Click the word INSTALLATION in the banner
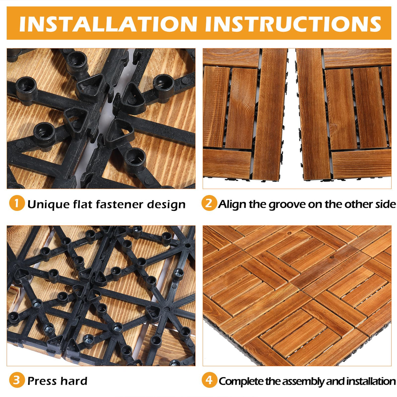point(108,24)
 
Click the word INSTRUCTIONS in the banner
point(293,24)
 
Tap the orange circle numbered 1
point(17,203)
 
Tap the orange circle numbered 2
point(209,203)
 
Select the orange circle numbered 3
point(17,380)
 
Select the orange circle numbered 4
point(209,380)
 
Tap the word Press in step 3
point(42,381)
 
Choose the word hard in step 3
point(74,381)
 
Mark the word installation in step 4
point(371,381)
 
